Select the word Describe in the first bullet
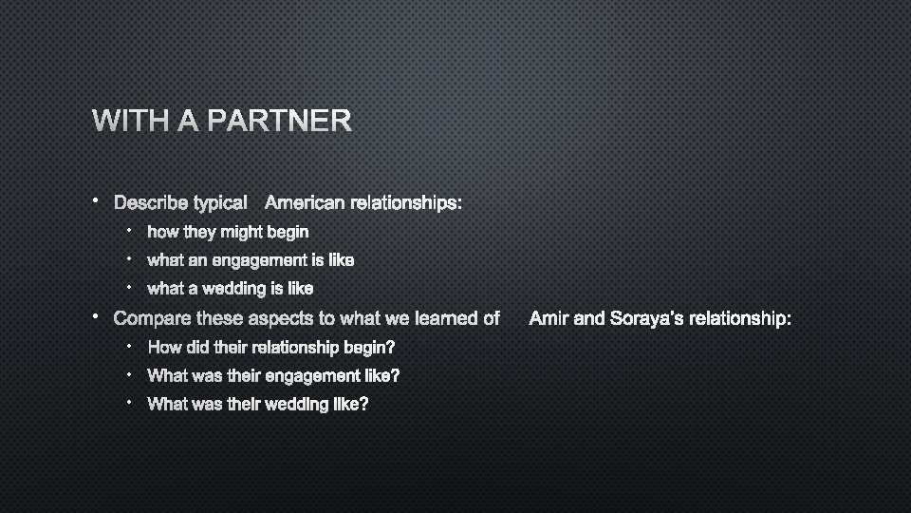coord(150,202)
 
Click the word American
coord(306,202)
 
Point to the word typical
coord(220,203)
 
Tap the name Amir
coord(548,318)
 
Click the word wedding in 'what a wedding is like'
coord(251,289)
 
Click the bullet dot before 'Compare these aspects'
coord(96,315)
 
